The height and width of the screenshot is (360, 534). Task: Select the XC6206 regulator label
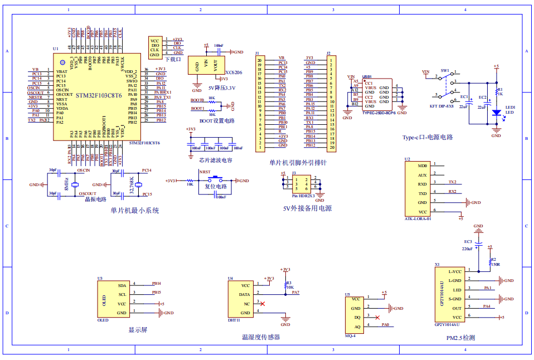234,72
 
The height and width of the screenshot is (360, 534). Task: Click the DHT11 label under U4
234,320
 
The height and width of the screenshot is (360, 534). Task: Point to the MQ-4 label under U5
351,335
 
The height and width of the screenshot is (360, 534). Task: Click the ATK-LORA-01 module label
418,219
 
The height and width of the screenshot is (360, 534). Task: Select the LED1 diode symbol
496,112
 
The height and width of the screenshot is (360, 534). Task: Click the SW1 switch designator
445,71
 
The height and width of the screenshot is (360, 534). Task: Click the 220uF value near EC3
467,249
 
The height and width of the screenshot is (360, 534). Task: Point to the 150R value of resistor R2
495,265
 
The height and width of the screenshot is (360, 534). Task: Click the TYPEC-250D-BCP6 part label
378,113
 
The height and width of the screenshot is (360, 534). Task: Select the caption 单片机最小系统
134,211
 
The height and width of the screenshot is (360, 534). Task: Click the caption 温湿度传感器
260,337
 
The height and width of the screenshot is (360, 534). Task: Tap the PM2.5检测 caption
460,338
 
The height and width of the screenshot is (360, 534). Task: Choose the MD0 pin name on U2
423,166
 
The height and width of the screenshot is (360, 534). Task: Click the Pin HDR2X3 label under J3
304,196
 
